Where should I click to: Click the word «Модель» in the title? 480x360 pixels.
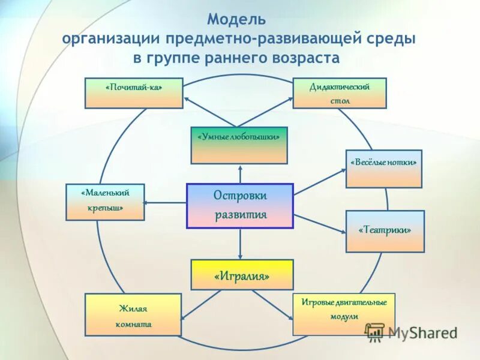pyautogui.click(x=236, y=20)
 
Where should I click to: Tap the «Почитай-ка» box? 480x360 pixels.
pyautogui.click(x=134, y=93)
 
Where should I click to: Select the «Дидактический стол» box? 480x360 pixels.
pyautogui.click(x=340, y=94)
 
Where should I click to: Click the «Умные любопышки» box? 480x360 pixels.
pyautogui.click(x=239, y=145)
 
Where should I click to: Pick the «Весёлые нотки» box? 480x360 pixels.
pyautogui.click(x=384, y=169)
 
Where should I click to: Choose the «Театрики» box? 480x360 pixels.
pyautogui.click(x=385, y=231)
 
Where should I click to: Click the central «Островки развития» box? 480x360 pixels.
pyautogui.click(x=240, y=206)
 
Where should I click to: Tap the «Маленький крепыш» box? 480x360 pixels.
pyautogui.click(x=105, y=202)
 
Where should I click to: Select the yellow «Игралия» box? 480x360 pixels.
pyautogui.click(x=242, y=275)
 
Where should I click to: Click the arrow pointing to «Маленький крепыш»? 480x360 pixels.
pyautogui.click(x=165, y=203)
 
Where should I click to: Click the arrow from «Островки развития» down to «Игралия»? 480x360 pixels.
pyautogui.click(x=240, y=244)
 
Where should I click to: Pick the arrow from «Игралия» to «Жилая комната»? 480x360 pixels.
pyautogui.click(x=202, y=304)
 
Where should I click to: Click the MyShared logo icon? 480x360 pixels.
pyautogui.click(x=375, y=332)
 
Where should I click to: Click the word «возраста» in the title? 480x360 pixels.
pyautogui.click(x=307, y=59)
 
